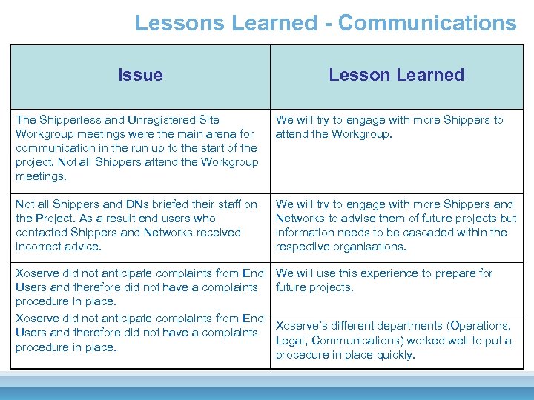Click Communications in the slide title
426,23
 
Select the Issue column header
140,75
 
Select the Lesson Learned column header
396,75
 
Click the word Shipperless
69,119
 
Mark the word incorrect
39,246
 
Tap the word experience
390,273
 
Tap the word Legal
291,340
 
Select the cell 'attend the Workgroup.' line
334,133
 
